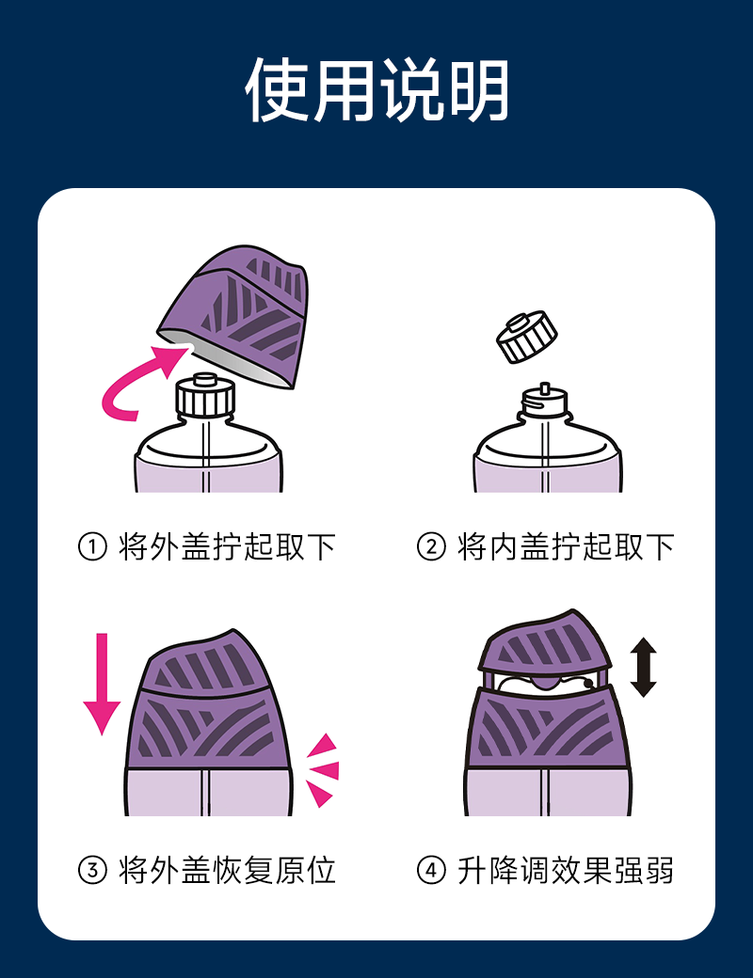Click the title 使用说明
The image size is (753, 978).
click(376, 90)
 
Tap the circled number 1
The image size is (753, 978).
click(92, 547)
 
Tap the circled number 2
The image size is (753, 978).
click(431, 547)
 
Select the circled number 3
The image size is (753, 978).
click(92, 870)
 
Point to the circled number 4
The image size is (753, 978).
click(431, 870)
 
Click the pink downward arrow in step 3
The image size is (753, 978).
click(102, 685)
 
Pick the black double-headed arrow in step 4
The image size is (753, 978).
click(643, 667)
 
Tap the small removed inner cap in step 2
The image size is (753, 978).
click(526, 337)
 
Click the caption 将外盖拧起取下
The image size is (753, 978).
click(227, 547)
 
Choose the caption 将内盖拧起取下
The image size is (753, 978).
click(566, 547)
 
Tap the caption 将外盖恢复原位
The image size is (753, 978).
click(227, 870)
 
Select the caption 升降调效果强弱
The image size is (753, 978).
click(566, 870)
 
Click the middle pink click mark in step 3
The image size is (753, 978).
click(326, 770)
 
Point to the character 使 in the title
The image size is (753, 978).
click(277, 90)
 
